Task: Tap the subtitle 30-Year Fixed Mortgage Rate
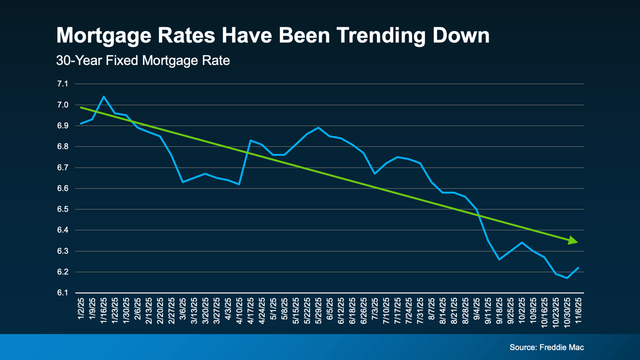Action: tap(143, 61)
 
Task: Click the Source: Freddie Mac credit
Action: tap(546, 347)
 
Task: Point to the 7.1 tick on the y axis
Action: tap(63, 84)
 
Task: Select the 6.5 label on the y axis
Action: tap(63, 209)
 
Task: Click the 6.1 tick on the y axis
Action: tap(63, 293)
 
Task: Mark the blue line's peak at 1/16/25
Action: tap(103, 96)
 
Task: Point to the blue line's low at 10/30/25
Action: tap(566, 278)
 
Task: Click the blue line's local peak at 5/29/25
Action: tap(318, 127)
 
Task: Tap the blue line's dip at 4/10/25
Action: tap(239, 184)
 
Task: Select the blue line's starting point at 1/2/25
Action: tap(81, 123)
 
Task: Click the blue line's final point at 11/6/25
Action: tap(578, 267)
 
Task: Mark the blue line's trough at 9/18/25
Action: tap(499, 259)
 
